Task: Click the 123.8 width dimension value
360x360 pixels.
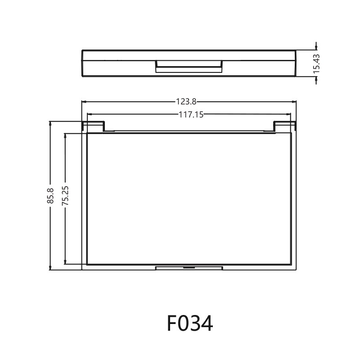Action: click(189, 102)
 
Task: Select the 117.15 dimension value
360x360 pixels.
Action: click(191, 115)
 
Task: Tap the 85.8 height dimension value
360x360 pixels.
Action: click(50, 196)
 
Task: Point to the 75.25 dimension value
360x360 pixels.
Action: click(66, 197)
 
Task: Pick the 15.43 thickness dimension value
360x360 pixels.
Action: click(316, 63)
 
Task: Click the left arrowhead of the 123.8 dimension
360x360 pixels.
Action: click(84, 102)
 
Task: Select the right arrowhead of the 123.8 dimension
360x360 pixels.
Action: click(294, 102)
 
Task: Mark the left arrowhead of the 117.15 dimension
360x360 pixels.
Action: click(89, 115)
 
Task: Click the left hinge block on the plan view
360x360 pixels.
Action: click(93, 126)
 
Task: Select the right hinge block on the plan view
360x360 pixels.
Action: click(285, 126)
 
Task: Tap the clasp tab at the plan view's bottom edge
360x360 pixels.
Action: click(189, 268)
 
